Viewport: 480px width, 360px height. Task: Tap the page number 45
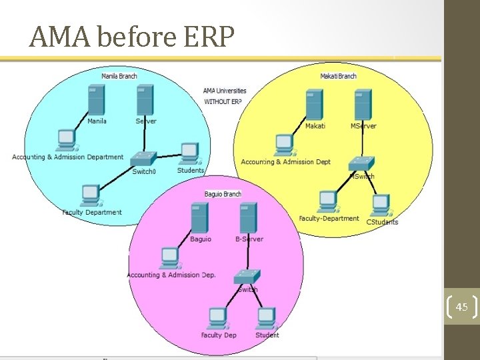tap(461, 307)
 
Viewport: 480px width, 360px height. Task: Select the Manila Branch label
tap(119, 76)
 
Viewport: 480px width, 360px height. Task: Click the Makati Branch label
tap(338, 76)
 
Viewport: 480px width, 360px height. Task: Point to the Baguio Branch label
tap(223, 194)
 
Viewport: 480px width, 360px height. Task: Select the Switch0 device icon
tap(143, 159)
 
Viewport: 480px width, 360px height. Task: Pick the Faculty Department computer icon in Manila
tap(89, 195)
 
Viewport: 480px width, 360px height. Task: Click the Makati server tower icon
tap(314, 105)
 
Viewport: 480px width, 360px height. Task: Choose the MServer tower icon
tap(363, 105)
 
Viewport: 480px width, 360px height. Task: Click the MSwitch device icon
tap(362, 163)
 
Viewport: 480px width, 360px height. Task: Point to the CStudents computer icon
tap(380, 204)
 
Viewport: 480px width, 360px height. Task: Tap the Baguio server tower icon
tap(199, 218)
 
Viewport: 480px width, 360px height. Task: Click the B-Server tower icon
tap(248, 218)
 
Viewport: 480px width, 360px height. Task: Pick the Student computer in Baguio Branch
tap(266, 317)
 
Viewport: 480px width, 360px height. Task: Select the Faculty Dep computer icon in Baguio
tap(217, 317)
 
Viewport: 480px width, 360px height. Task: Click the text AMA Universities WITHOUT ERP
tap(225, 96)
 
